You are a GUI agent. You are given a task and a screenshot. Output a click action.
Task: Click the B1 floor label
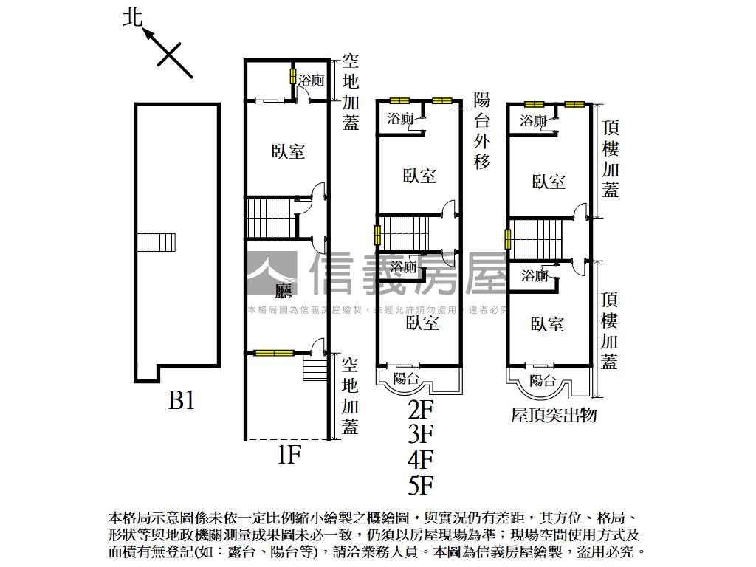[x=182, y=401]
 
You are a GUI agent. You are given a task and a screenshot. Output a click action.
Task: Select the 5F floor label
[x=420, y=485]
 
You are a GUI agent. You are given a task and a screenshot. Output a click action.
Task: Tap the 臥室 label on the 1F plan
[x=288, y=151]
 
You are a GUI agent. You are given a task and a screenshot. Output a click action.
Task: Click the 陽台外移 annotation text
[x=481, y=131]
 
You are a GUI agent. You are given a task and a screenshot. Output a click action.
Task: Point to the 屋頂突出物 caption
[x=554, y=415]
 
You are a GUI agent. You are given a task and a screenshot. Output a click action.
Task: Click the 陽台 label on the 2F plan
[x=407, y=379]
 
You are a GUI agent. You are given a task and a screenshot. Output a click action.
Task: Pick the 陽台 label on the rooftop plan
[x=543, y=381]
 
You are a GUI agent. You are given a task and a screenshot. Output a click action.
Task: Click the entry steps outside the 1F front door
[x=313, y=367]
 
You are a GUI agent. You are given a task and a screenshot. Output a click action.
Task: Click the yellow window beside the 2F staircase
[x=378, y=236]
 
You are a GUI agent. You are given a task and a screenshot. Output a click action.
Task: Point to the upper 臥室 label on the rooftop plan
[x=549, y=182]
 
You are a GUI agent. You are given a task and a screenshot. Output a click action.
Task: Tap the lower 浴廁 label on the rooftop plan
[x=534, y=276]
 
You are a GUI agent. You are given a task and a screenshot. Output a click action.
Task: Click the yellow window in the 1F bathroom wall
[x=292, y=77]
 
